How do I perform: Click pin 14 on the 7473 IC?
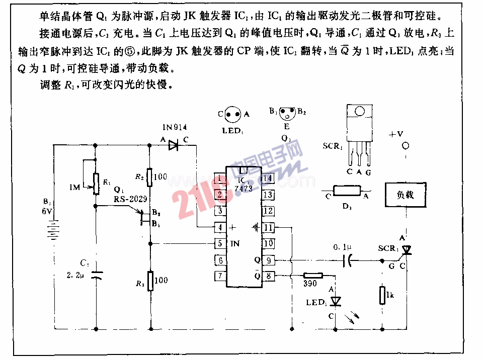point(268,178)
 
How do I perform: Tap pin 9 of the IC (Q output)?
point(268,260)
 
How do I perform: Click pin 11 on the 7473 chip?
point(268,227)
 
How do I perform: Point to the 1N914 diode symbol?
point(174,146)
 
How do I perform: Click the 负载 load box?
point(405,195)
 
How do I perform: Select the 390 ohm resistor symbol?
point(313,276)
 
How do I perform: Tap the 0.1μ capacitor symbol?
point(347,260)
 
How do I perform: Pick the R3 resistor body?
point(149,280)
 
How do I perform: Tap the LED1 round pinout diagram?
point(232,114)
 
